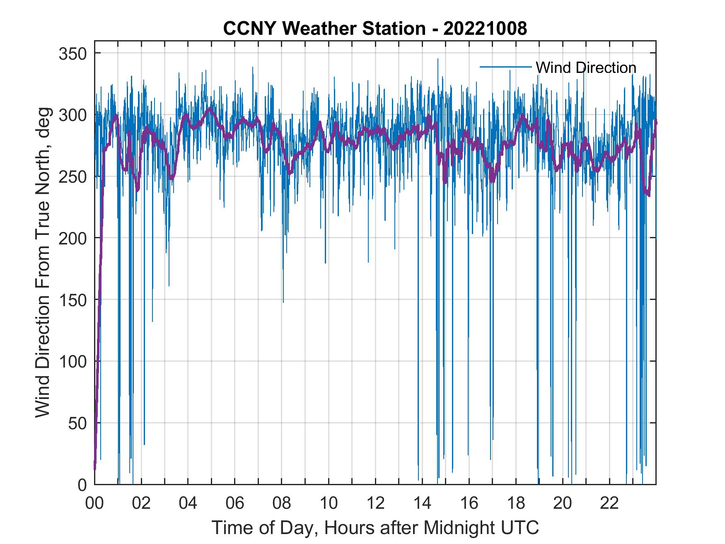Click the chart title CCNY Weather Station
(x=324, y=29)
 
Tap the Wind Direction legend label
(x=586, y=68)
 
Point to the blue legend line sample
(x=505, y=67)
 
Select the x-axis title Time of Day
(x=375, y=528)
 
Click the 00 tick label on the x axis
(x=94, y=503)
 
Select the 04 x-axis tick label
(x=188, y=503)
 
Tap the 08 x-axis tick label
(x=282, y=503)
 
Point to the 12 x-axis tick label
(x=375, y=503)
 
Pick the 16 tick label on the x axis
(x=469, y=503)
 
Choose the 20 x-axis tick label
(x=563, y=503)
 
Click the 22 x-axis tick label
(x=609, y=503)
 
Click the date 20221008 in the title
(x=485, y=29)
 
